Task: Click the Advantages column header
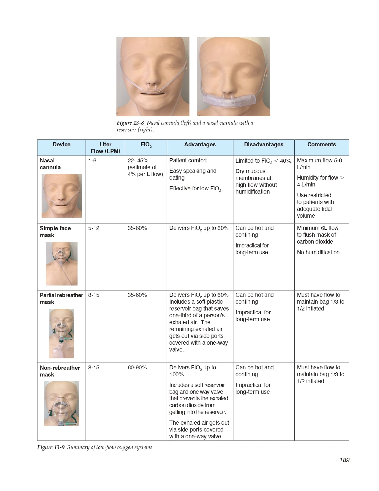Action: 200,145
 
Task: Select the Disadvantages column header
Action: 263,145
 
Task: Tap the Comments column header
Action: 321,145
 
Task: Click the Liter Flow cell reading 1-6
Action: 92,161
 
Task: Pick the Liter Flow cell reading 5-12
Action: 94,228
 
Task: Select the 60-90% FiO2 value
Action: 137,368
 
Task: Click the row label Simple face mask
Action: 55,232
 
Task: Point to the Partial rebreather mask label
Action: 61,298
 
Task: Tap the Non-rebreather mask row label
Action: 60,371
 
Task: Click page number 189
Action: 344,460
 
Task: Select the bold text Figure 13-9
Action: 51,447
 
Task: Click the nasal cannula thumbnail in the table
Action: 61,196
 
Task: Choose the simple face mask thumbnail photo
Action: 61,263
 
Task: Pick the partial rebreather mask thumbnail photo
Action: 61,333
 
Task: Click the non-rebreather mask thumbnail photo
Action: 61,403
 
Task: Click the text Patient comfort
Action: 188,161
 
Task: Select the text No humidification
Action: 318,252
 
